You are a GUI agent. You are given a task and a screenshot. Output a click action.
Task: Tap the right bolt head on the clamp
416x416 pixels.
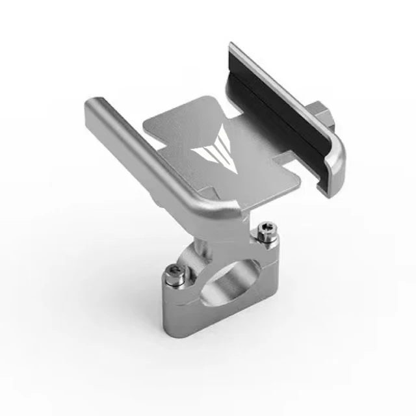(x=263, y=229)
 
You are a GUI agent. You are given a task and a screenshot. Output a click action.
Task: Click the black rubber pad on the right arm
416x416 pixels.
(x=279, y=110)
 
